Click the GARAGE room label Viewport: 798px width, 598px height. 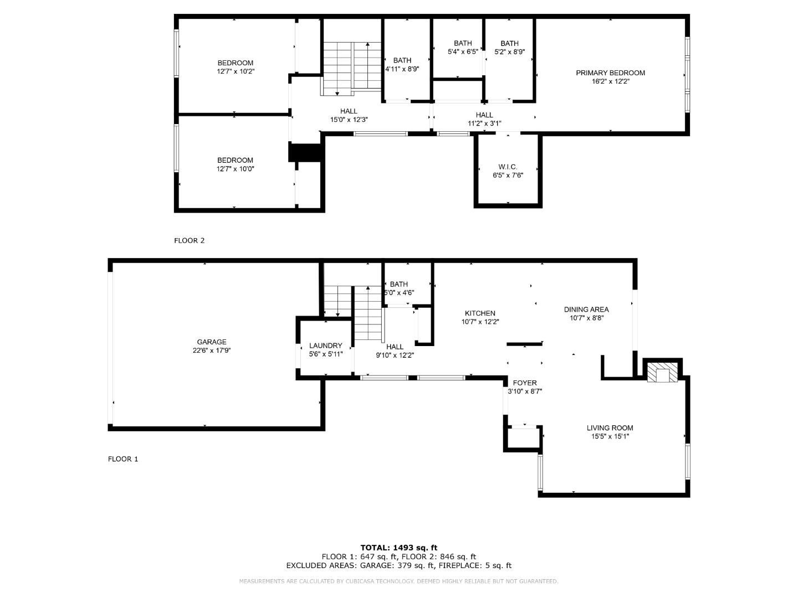pyautogui.click(x=212, y=342)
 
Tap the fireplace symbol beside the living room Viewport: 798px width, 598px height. pyautogui.click(x=662, y=373)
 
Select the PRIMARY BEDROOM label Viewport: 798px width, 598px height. pyautogui.click(x=610, y=73)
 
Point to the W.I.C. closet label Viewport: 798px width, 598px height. pyautogui.click(x=508, y=167)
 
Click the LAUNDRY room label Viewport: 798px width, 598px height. pyautogui.click(x=325, y=346)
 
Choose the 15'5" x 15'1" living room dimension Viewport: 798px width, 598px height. pyautogui.click(x=610, y=436)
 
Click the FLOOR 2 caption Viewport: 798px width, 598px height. pyautogui.click(x=190, y=240)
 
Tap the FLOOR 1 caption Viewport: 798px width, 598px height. pyautogui.click(x=123, y=458)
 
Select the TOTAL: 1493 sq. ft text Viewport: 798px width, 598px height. pyautogui.click(x=398, y=548)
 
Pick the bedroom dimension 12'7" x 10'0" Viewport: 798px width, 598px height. pyautogui.click(x=235, y=169)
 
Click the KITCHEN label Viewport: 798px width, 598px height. pyautogui.click(x=480, y=313)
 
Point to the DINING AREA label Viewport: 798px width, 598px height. pyautogui.click(x=586, y=310)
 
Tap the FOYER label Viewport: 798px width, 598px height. pyautogui.click(x=524, y=383)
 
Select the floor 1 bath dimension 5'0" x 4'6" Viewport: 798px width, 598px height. pyautogui.click(x=399, y=293)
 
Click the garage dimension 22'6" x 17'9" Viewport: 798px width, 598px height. pyautogui.click(x=212, y=350)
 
